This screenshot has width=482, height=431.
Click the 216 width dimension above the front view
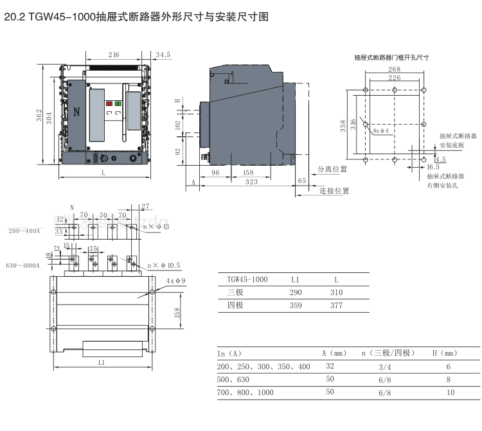[x=114, y=56]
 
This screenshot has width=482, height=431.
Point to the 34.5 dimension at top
[x=163, y=56]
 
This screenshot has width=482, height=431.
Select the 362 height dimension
[x=39, y=116]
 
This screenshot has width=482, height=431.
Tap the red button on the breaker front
[x=109, y=103]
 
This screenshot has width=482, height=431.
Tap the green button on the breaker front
[x=118, y=103]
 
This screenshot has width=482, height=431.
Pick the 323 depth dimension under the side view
[x=251, y=182]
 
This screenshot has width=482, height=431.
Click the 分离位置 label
[x=332, y=170]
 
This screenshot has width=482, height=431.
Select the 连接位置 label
[x=334, y=191]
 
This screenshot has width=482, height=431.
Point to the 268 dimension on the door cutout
[x=394, y=69]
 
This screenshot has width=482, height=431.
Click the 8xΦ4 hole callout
[x=381, y=130]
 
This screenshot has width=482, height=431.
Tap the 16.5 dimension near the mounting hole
[x=433, y=167]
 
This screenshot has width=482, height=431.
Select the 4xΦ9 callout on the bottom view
[x=174, y=281]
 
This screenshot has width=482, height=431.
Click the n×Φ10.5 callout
[x=163, y=265]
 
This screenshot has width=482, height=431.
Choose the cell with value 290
[x=295, y=292]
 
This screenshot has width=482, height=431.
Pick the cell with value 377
[x=336, y=306]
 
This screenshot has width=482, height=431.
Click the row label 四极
[x=236, y=306]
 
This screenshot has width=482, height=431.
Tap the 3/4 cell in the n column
[x=385, y=367]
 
